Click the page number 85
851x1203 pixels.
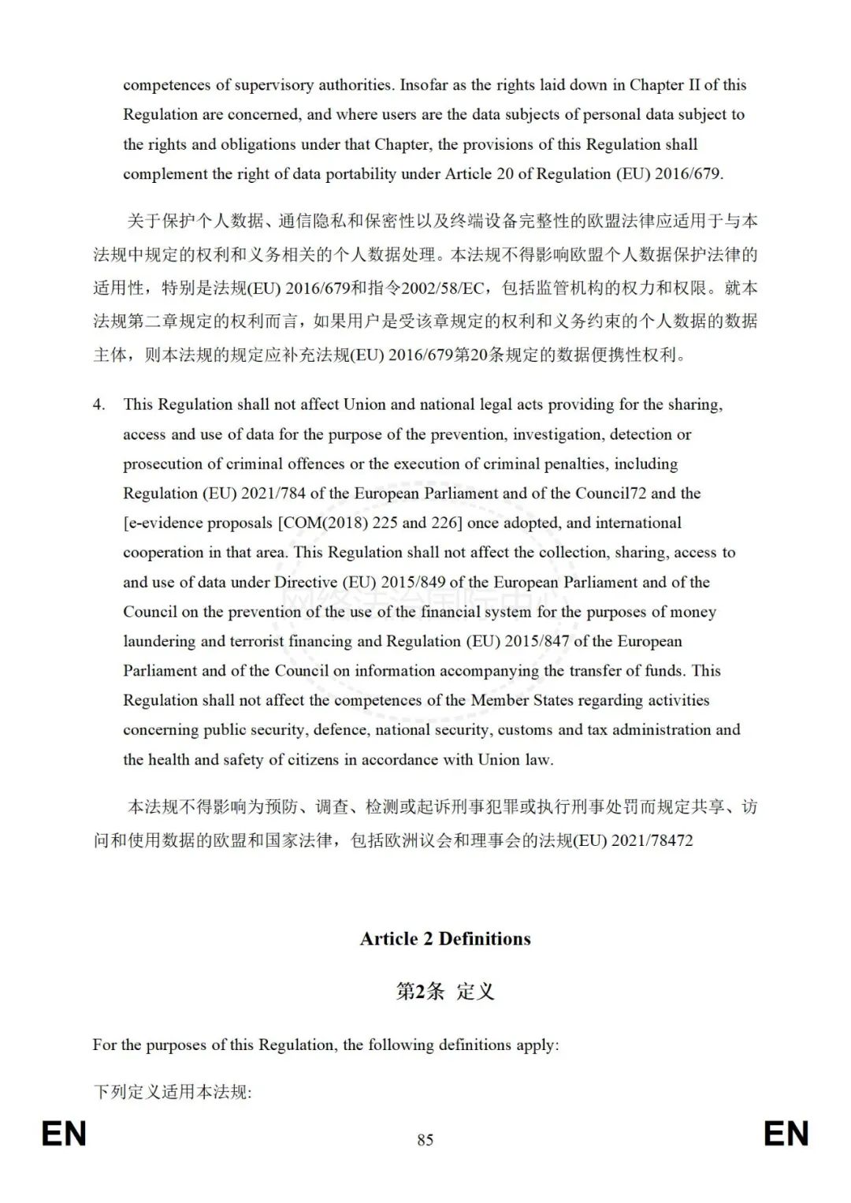click(x=425, y=1140)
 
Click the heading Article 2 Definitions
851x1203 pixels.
click(x=445, y=939)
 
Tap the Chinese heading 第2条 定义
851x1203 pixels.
click(x=445, y=991)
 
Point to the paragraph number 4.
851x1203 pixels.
click(x=98, y=404)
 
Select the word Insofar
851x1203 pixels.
click(x=425, y=85)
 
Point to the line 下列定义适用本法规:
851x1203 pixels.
click(x=172, y=1093)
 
